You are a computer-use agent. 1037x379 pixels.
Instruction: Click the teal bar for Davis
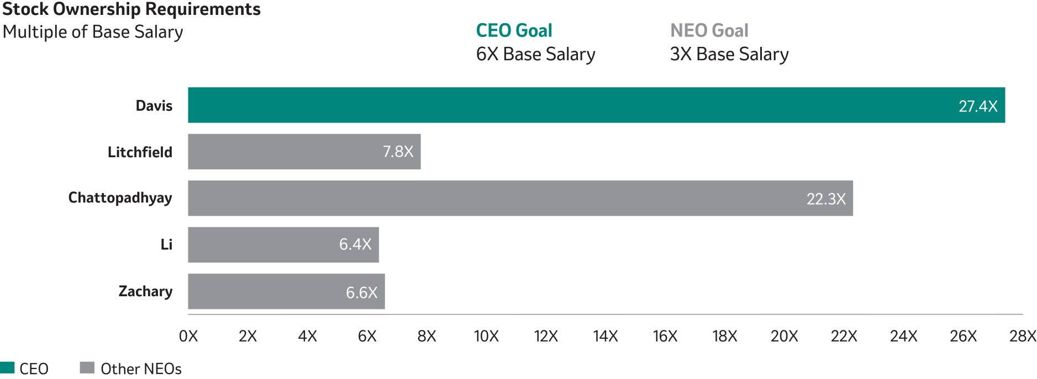coord(596,105)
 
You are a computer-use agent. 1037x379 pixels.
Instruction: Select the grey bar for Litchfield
coord(304,151)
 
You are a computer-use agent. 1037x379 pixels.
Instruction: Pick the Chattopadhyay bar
coord(520,198)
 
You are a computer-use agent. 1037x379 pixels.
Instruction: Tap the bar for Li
coord(283,244)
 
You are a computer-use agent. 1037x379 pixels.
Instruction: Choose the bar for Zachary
coord(286,291)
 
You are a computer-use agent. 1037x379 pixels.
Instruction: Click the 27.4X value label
coord(978,106)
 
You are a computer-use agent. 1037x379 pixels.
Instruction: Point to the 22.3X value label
coord(826,199)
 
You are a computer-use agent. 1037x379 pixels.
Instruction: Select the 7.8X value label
coord(398,152)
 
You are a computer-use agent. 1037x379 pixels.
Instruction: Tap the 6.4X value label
coord(355,244)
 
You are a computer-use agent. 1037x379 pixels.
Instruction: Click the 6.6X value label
coord(362,292)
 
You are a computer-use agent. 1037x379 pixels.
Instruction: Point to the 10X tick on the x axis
coord(486,336)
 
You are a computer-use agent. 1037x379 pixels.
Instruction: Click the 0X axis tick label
coord(188,336)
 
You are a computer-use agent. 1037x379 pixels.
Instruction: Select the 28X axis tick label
coord(1023,336)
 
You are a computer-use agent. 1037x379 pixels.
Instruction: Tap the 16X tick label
coord(665,336)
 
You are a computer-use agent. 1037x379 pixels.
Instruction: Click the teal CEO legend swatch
coord(7,368)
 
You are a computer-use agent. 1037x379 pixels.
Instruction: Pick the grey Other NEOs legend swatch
coord(87,368)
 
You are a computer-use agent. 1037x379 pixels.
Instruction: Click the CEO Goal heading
coord(514,30)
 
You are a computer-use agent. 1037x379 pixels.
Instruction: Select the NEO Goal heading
coord(709,30)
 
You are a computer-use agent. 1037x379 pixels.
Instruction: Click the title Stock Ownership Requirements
coord(131,9)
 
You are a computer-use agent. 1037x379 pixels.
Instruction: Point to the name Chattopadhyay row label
coord(120,198)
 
